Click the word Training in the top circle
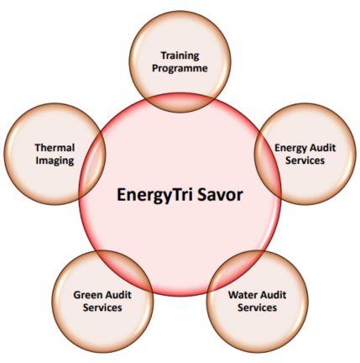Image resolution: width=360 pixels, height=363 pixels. (x=180, y=55)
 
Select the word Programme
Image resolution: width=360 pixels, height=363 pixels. (x=180, y=69)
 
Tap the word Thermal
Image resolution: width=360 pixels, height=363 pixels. (x=55, y=148)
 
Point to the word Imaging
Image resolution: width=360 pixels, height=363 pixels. (x=55, y=161)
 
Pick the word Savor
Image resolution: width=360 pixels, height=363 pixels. (x=220, y=195)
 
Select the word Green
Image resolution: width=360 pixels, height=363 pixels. (x=87, y=295)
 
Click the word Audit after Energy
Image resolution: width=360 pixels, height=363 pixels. (x=321, y=148)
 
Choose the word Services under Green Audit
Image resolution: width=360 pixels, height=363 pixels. (x=102, y=308)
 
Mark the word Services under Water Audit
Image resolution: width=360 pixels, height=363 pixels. (x=257, y=308)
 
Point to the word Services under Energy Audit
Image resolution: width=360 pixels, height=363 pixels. (x=305, y=160)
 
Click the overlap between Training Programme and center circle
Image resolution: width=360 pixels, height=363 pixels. (x=180, y=103)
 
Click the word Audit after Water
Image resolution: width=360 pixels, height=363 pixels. (x=272, y=295)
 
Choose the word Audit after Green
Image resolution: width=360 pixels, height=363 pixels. (x=117, y=295)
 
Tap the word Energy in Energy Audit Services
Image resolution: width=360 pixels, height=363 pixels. (x=290, y=148)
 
